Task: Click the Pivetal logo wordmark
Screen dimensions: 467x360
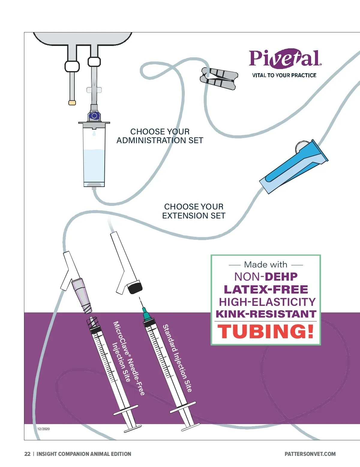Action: (284, 58)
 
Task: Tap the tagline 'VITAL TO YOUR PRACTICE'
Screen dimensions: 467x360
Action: (284, 75)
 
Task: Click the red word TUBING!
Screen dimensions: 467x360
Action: (266, 332)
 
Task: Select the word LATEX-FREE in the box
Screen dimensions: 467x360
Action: (266, 289)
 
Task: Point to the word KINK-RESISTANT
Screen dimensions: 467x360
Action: (266, 314)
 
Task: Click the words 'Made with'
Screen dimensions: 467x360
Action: (266, 264)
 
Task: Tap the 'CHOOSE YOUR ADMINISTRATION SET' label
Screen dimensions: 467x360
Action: (160, 136)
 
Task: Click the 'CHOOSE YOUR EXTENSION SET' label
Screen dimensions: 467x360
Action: (194, 211)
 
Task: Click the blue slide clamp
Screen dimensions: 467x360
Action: (294, 167)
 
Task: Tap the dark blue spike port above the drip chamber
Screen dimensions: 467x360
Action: (94, 116)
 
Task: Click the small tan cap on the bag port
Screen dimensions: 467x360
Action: (72, 103)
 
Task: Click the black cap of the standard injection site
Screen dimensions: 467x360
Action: (134, 288)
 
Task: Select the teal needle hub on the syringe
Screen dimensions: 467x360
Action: (146, 315)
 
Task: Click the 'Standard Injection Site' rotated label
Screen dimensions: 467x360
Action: (177, 358)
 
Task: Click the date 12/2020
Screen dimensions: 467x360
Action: (43, 429)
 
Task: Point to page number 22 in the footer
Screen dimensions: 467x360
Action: (27, 454)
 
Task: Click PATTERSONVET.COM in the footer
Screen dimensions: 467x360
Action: (310, 454)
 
